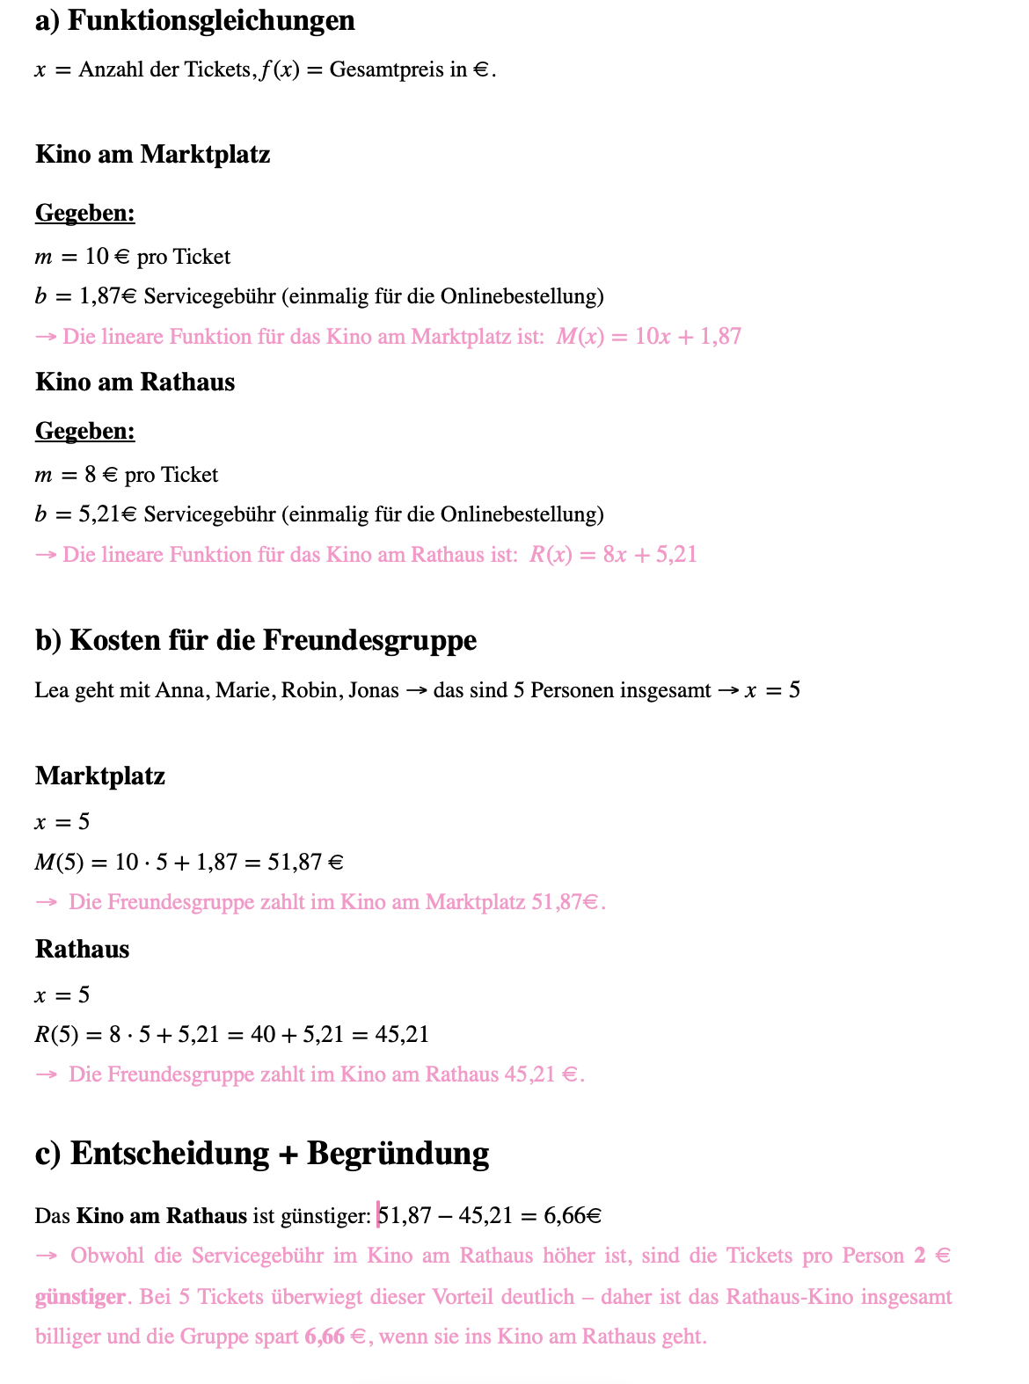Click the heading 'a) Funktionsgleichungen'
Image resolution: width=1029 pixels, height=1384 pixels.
(x=194, y=20)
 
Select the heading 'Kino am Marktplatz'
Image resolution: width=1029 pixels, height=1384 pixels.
(x=152, y=155)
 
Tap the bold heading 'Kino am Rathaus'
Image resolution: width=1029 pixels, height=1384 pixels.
(x=135, y=382)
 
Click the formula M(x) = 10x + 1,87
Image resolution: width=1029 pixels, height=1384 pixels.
(x=648, y=337)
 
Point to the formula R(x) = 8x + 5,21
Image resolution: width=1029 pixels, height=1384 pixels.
(x=613, y=555)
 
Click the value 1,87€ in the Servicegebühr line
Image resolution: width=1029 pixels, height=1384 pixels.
(x=108, y=296)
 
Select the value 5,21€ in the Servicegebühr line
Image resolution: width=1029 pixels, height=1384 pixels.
(x=108, y=514)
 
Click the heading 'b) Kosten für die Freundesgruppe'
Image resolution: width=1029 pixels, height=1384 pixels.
(x=255, y=640)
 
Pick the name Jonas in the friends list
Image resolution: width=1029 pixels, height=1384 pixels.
(x=374, y=690)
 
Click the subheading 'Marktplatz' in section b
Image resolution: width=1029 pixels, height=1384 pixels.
(x=100, y=776)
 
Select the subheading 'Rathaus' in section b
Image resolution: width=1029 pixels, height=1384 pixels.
(x=82, y=950)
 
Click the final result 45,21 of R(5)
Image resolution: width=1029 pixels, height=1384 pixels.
(x=402, y=1034)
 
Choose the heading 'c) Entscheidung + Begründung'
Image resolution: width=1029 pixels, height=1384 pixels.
(x=261, y=1154)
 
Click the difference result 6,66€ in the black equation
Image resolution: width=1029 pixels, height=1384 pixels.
(x=573, y=1216)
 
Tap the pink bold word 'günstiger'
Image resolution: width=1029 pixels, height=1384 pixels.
(x=81, y=1297)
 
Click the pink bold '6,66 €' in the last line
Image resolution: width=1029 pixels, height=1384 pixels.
(x=335, y=1337)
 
